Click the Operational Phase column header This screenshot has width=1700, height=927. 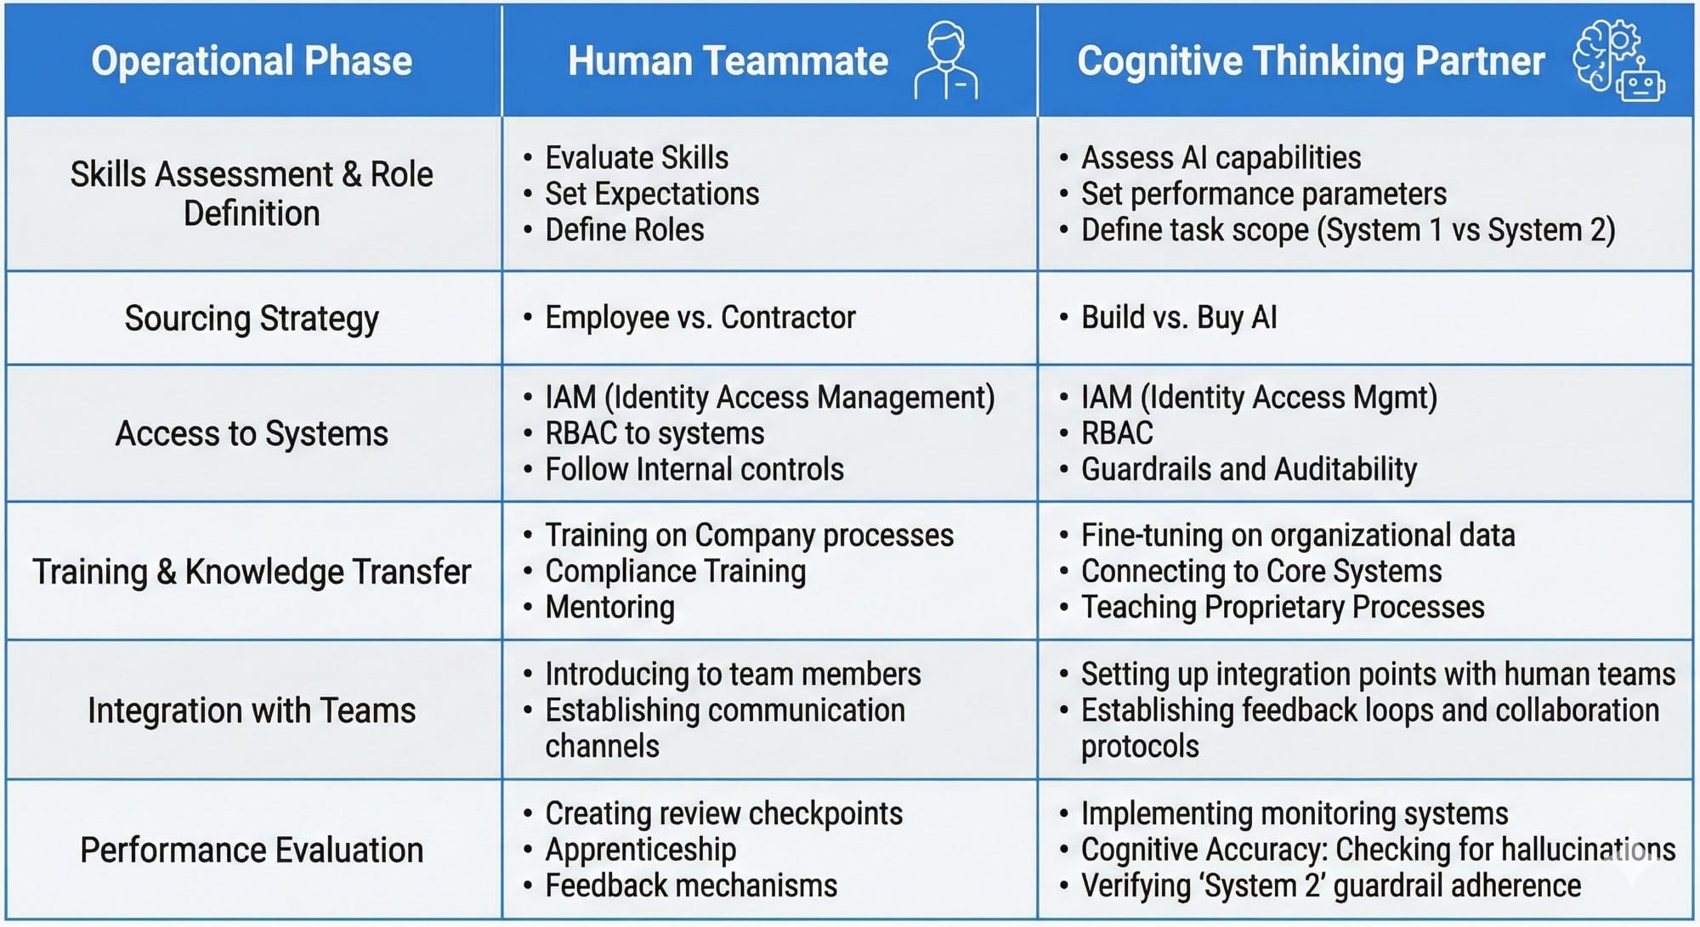click(x=252, y=61)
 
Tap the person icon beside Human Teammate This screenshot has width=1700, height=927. click(x=946, y=61)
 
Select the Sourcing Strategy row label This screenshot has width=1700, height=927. click(x=252, y=319)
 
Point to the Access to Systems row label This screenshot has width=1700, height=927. click(x=252, y=434)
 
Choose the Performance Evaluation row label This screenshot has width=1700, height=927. click(x=252, y=851)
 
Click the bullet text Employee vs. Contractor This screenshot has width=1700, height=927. click(x=700, y=318)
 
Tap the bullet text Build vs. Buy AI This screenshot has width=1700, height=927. click(x=1178, y=318)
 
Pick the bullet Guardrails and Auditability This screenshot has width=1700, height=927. click(x=1248, y=469)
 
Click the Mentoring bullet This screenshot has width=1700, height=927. click(x=609, y=608)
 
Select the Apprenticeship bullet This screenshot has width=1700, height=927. click(x=640, y=850)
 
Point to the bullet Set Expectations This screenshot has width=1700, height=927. click(x=651, y=195)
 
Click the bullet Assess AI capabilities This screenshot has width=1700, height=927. click(x=1221, y=158)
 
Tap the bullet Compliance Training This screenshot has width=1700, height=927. click(x=675, y=572)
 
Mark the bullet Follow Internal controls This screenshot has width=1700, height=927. click(x=694, y=469)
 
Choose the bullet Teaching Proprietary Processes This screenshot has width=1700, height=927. click(x=1282, y=608)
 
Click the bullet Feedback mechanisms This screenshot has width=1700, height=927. click(x=690, y=886)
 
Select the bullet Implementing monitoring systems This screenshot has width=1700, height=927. click(x=1294, y=814)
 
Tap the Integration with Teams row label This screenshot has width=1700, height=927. click(x=252, y=710)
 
